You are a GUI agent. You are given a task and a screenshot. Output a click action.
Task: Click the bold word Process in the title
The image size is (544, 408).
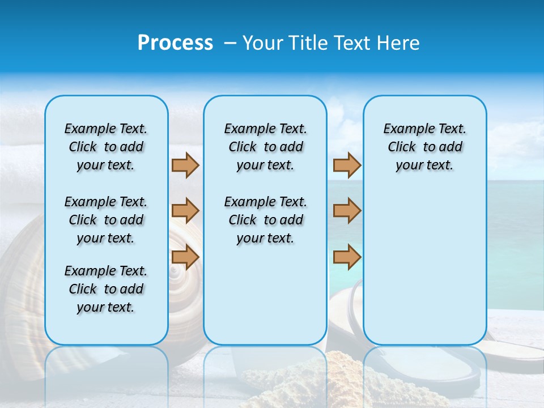(x=175, y=43)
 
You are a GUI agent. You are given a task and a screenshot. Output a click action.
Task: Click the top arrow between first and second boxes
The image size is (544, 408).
(x=185, y=165)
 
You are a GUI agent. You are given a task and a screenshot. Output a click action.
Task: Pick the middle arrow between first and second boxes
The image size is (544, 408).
(x=185, y=211)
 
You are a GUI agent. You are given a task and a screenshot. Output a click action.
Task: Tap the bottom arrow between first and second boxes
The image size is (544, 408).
(x=185, y=257)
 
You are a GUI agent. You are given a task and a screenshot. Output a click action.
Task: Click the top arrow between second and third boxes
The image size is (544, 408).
(x=347, y=165)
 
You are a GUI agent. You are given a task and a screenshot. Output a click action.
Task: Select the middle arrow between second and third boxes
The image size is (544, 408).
(x=347, y=211)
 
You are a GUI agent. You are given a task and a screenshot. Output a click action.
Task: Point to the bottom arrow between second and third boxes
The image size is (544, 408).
(x=347, y=257)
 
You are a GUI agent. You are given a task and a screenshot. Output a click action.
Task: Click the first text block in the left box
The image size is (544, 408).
(x=106, y=147)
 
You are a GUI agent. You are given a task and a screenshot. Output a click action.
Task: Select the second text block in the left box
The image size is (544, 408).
(x=106, y=220)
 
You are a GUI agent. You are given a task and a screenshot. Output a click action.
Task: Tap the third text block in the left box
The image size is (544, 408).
(x=106, y=289)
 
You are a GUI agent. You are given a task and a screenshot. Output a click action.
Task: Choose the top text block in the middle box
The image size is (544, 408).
(x=265, y=147)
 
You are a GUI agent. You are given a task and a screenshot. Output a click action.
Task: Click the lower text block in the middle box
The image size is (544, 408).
(x=265, y=220)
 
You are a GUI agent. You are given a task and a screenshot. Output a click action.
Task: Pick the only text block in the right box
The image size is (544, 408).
(x=424, y=147)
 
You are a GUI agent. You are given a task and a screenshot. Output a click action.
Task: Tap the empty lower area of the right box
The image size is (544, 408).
(x=424, y=266)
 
